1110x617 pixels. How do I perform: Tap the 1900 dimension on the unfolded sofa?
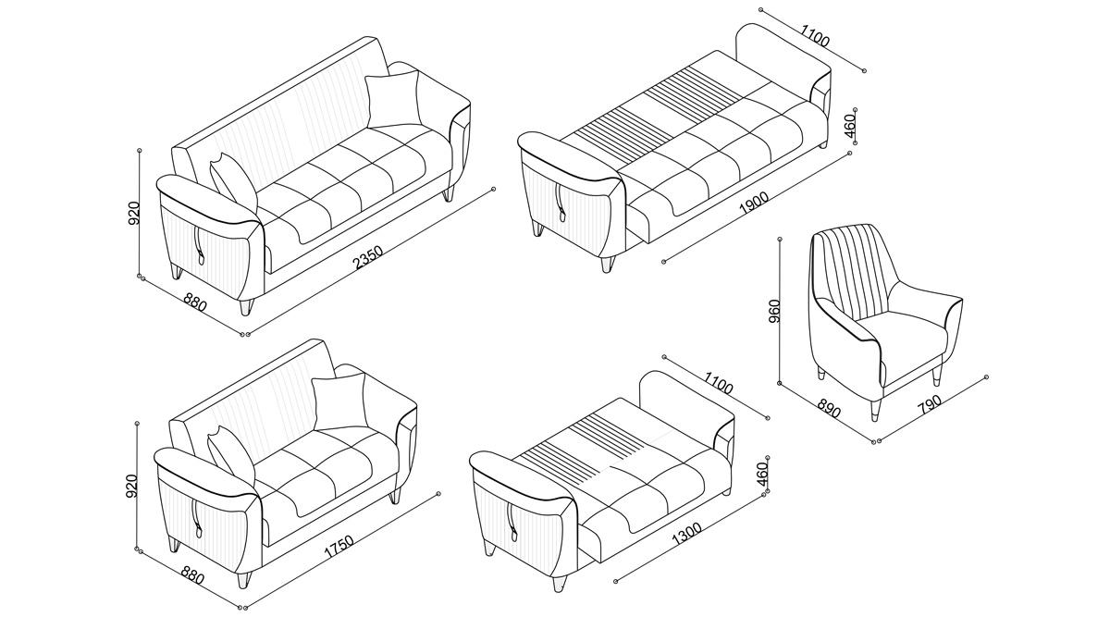753,203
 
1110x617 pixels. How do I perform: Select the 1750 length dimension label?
339,546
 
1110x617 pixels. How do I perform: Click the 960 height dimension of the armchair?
774,311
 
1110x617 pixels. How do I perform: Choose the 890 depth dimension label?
828,406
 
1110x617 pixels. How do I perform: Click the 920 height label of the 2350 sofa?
134,213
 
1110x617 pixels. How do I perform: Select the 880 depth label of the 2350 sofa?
195,302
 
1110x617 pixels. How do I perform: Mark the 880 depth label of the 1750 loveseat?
192,574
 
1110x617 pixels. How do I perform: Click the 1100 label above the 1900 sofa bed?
815,35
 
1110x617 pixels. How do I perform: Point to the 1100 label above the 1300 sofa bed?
718,383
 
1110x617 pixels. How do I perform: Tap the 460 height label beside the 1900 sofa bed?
849,129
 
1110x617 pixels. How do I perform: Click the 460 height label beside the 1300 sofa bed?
762,475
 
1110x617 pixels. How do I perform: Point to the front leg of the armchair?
875,410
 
